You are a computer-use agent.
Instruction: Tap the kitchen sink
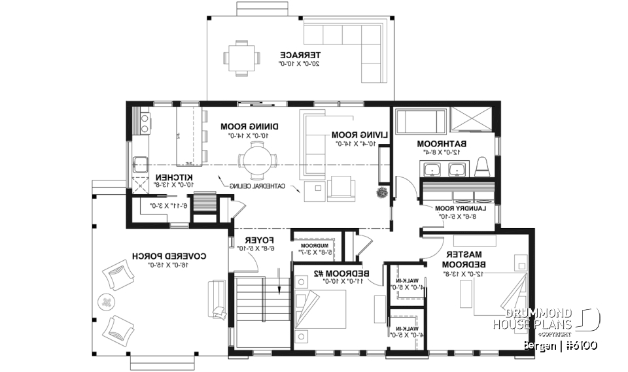pyautogui.click(x=140, y=163)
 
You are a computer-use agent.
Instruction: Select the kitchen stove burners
pyautogui.click(x=142, y=123)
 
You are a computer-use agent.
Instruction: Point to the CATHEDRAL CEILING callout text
pyautogui.click(x=258, y=186)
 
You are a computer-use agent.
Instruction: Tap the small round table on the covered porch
pyautogui.click(x=105, y=301)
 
